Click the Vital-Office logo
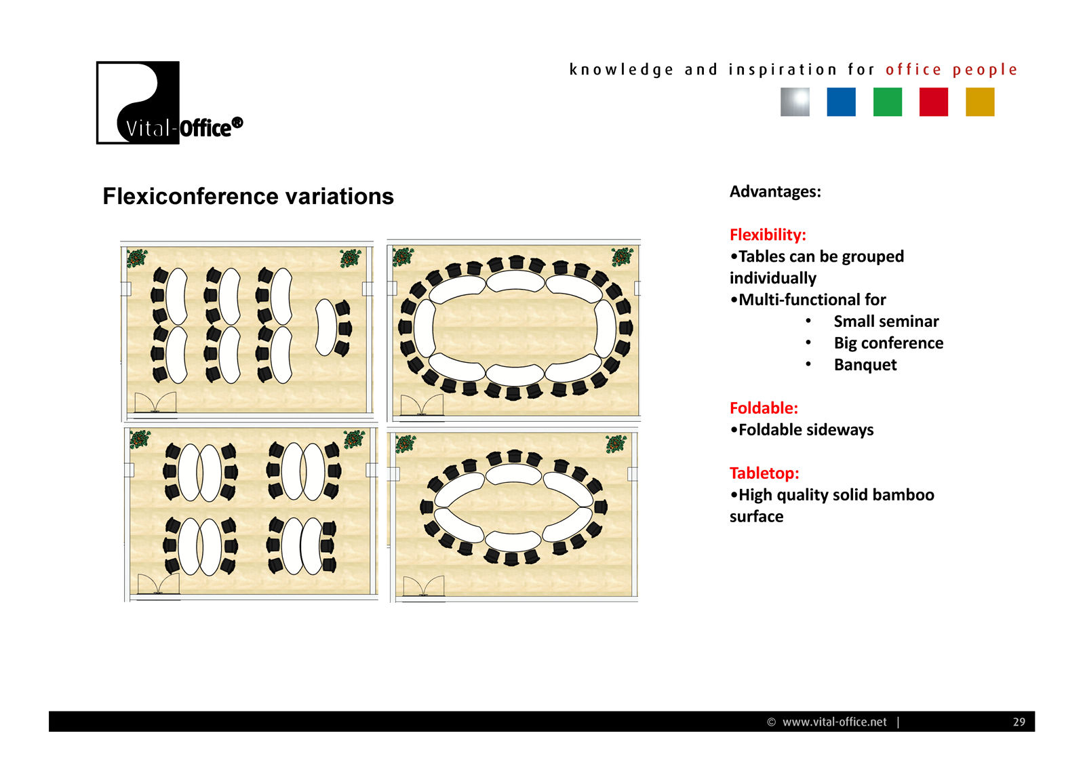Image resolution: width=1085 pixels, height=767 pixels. pos(170,102)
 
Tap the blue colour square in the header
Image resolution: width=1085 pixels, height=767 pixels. pos(842,102)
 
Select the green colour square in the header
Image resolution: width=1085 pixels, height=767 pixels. pos(888,102)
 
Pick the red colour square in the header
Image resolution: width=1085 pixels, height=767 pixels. pos(934,102)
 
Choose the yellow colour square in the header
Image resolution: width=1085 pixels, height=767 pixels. pos(980,102)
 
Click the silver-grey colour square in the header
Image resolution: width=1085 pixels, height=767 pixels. pos(795,102)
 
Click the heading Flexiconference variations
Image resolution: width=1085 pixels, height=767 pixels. pos(248,197)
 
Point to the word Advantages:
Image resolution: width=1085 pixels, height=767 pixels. pos(776,192)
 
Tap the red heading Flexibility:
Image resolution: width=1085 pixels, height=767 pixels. pos(768,235)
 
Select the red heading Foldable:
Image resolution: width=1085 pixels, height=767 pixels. pos(764,408)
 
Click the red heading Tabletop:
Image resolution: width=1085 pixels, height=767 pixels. pos(764,473)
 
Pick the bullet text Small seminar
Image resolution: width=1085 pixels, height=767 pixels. pos(886,321)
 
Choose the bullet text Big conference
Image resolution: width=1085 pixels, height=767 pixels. pos(888,343)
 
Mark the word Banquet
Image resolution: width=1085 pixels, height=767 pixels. pos(865,365)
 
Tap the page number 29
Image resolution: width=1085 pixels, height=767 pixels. pos(1019,722)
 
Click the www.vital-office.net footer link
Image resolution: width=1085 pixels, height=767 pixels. pos(835,722)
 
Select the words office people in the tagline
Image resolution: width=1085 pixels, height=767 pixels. pos(951,70)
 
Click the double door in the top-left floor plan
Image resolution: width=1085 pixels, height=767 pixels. pos(155,403)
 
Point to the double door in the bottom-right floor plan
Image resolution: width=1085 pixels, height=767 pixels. pos(424,587)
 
